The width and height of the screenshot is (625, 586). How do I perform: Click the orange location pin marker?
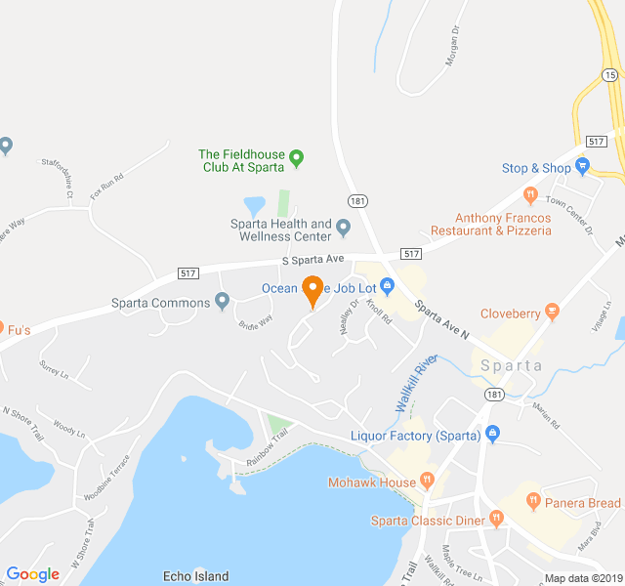coord(312,289)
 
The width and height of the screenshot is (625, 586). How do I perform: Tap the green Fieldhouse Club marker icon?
coord(298,156)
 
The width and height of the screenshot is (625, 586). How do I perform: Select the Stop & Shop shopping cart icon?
coord(583,167)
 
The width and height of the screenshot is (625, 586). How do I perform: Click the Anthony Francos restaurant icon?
coord(531,193)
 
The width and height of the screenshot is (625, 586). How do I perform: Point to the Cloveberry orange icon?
coord(553,313)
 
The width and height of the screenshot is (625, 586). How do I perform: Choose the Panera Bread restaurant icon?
coord(533,502)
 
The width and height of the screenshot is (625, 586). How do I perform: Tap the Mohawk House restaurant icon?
coord(427,481)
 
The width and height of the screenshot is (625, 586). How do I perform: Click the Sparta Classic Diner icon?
coord(496,520)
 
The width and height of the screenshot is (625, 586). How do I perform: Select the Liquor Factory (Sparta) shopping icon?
coord(492,434)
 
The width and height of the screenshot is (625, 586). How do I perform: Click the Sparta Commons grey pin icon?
coord(223,302)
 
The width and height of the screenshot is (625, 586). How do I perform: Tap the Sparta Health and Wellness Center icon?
coord(343,230)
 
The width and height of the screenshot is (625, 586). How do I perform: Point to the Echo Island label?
coord(196,576)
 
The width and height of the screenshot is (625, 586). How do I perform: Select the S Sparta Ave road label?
coord(313,261)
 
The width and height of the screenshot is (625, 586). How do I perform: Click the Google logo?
coord(32,574)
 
